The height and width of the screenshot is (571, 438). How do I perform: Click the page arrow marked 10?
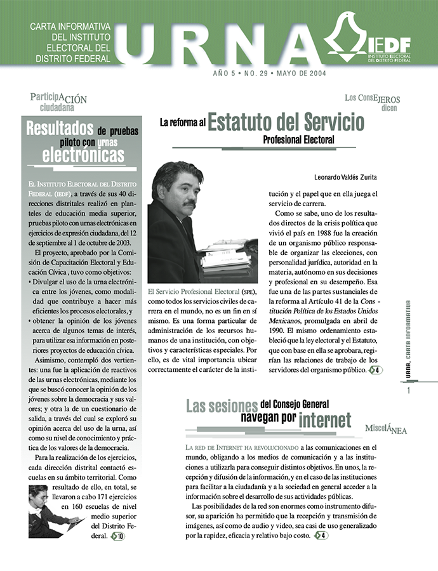(117, 536)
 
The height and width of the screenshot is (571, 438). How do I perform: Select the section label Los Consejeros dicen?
(372, 102)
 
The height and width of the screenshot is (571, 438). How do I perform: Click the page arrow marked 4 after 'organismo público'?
(375, 370)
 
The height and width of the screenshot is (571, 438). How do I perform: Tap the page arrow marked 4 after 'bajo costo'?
(321, 535)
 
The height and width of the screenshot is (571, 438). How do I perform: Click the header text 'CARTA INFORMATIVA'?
(70, 27)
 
